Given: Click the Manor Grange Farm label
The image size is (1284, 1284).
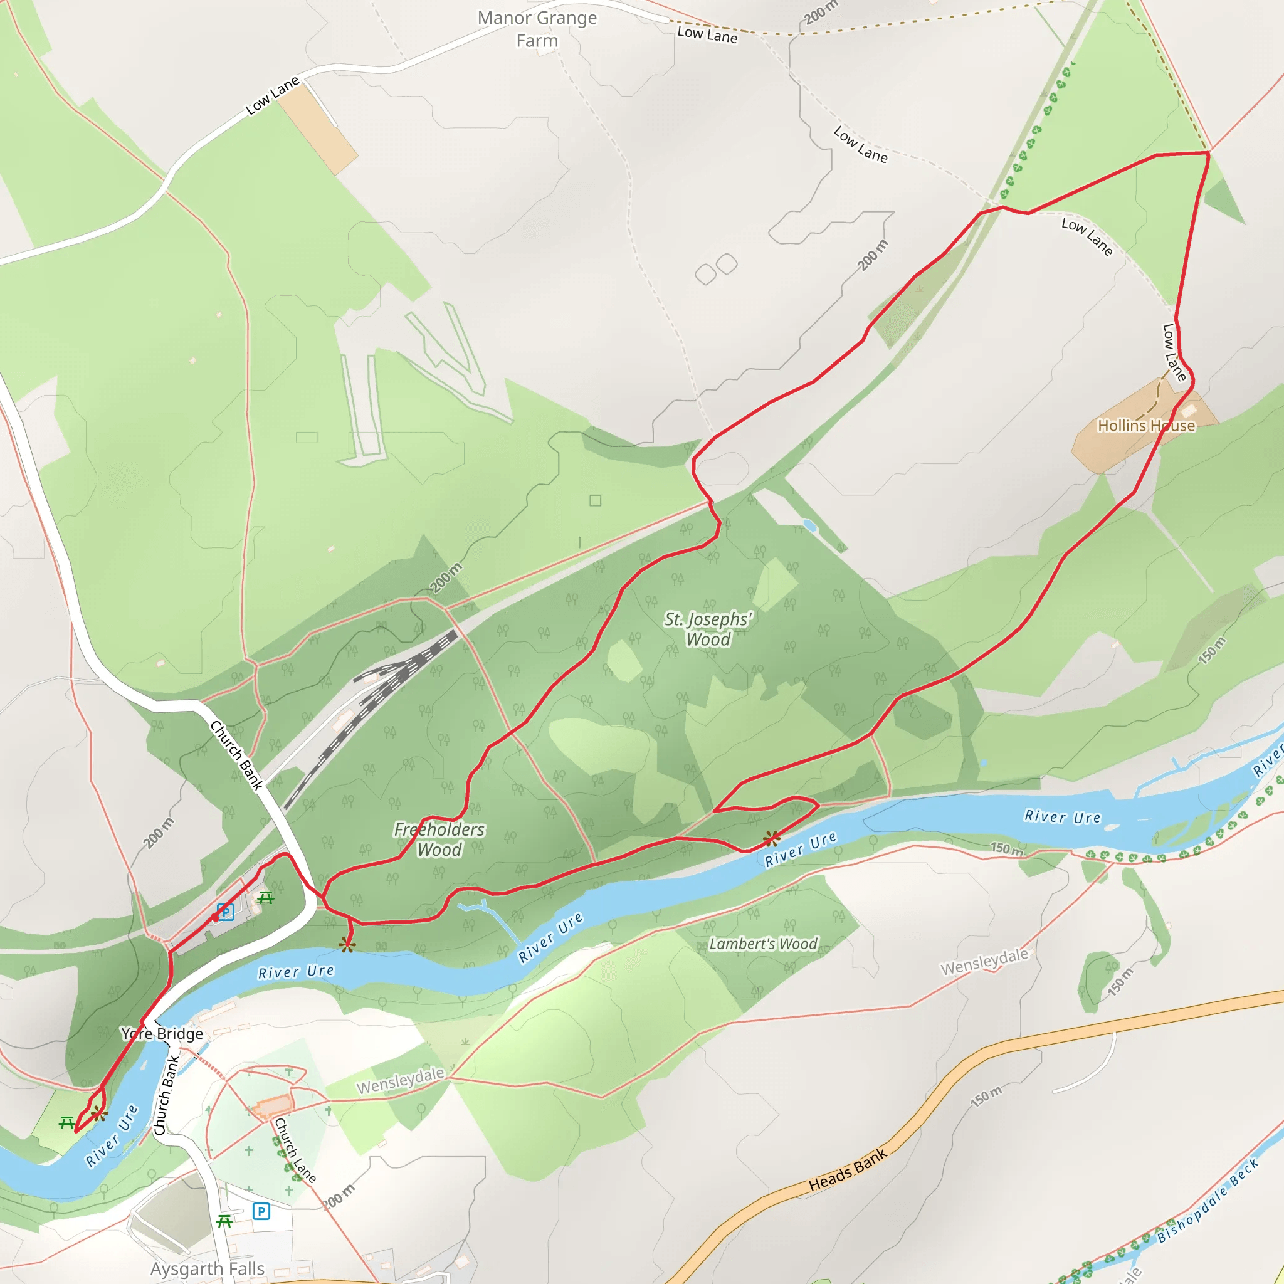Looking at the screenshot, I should pyautogui.click(x=537, y=29).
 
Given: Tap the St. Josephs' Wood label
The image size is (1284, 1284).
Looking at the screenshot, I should pyautogui.click(x=708, y=629).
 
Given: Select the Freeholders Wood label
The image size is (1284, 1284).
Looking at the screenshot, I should pyautogui.click(x=439, y=839).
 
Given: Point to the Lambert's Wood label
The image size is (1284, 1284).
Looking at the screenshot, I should pyautogui.click(x=763, y=944).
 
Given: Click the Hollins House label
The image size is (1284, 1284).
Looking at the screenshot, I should pyautogui.click(x=1146, y=425).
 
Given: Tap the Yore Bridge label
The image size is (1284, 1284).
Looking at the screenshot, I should pyautogui.click(x=162, y=1033).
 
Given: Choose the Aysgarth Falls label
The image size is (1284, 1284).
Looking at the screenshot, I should pyautogui.click(x=208, y=1269).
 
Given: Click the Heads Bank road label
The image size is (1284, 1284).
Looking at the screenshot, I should pyautogui.click(x=848, y=1171).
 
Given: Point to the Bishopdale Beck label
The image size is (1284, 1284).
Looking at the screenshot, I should pyautogui.click(x=1208, y=1201).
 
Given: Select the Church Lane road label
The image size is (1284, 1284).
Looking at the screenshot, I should pyautogui.click(x=295, y=1150).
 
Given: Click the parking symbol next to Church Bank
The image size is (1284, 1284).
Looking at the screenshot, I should pyautogui.click(x=225, y=912).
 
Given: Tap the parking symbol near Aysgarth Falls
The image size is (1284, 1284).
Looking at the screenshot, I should pyautogui.click(x=261, y=1211).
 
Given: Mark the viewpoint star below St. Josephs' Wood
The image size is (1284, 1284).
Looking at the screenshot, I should pyautogui.click(x=771, y=839).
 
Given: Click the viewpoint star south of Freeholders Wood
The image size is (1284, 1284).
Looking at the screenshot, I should pyautogui.click(x=346, y=944).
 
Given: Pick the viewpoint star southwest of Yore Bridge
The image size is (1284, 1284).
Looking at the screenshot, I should pyautogui.click(x=99, y=1114).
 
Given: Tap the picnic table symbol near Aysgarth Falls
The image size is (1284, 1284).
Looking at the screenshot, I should pyautogui.click(x=224, y=1221).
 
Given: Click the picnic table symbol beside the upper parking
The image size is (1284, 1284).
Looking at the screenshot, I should pyautogui.click(x=266, y=898).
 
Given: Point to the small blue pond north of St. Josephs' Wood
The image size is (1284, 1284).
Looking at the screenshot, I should pyautogui.click(x=809, y=525).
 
